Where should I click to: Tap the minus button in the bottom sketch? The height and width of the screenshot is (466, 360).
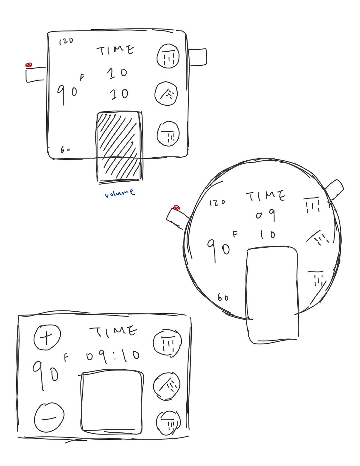click(49, 418)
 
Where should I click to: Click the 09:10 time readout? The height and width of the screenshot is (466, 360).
click(113, 356)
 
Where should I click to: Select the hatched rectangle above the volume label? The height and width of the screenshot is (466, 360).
click(119, 146)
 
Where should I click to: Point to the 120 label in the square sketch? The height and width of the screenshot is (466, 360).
click(66, 41)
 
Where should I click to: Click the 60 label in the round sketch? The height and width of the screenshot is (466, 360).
click(223, 298)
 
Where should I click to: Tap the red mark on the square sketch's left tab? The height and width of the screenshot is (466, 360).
click(29, 65)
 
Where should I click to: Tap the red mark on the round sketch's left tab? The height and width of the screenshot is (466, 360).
click(177, 207)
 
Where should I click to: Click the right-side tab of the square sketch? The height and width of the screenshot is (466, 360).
click(197, 57)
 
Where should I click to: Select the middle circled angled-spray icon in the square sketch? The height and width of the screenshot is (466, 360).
click(166, 94)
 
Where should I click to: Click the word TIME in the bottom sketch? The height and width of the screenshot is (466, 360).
click(113, 331)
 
